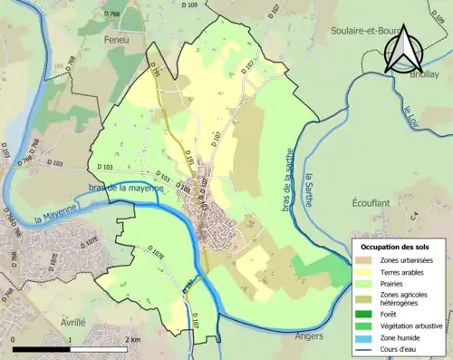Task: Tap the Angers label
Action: point(310,335)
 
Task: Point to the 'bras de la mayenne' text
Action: point(127,188)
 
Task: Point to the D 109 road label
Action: point(188,6)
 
